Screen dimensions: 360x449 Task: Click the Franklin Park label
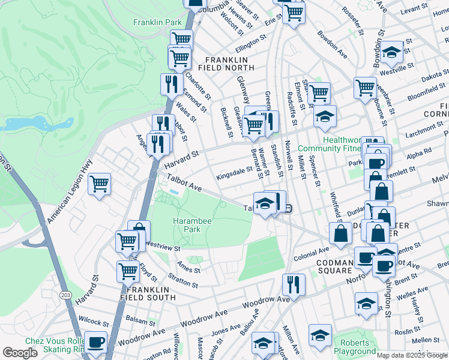[157, 22]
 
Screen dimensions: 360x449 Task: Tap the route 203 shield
[65, 294]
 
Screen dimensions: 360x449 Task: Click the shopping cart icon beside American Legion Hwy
[100, 184]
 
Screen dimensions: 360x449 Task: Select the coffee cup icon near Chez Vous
[95, 343]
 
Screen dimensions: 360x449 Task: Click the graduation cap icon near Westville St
[391, 53]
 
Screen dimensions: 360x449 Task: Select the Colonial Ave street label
[312, 254]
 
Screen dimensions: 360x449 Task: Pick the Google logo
[20, 353]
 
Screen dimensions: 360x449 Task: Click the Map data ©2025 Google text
[412, 355]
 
